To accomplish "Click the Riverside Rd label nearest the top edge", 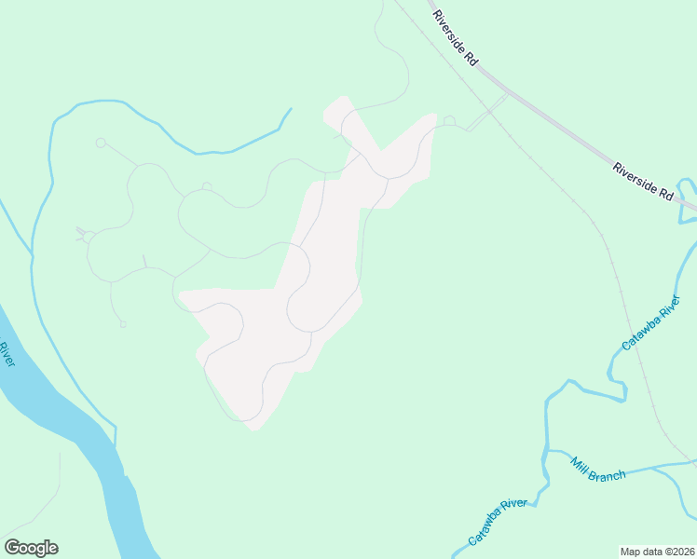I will [456, 38].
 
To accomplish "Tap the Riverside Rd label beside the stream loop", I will [643, 182].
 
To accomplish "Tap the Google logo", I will [31, 548].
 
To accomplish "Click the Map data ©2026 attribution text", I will [658, 551].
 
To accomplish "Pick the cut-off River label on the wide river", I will [5, 354].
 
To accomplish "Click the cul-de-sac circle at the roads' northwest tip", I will [100, 143].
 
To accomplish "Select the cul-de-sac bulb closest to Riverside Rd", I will [449, 120].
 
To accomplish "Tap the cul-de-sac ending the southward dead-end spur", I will [122, 324].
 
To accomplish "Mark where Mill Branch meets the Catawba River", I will [549, 451].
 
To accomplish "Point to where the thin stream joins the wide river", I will [116, 445].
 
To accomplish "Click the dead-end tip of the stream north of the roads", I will [291, 109].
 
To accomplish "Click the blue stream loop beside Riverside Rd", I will [685, 200].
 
